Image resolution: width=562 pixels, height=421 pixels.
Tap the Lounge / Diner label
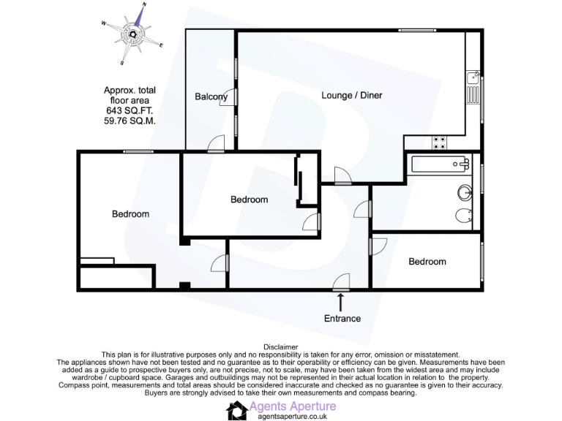[352, 95]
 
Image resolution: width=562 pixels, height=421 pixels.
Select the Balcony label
[211, 96]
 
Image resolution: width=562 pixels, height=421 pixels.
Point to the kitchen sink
[473, 77]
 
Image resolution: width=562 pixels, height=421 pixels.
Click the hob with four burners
[441, 143]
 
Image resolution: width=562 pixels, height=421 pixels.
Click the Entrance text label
[342, 318]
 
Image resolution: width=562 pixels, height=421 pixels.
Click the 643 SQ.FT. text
[130, 110]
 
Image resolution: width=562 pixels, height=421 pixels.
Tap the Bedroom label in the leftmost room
[130, 214]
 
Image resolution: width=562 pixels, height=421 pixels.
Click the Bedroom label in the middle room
[249, 200]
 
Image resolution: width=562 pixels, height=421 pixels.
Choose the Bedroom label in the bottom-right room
[427, 262]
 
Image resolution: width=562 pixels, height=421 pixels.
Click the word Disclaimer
[280, 346]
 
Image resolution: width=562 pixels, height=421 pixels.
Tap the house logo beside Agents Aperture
[236, 411]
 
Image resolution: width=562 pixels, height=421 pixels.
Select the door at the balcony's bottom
[215, 146]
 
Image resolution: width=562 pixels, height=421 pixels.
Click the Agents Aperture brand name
[293, 406]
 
